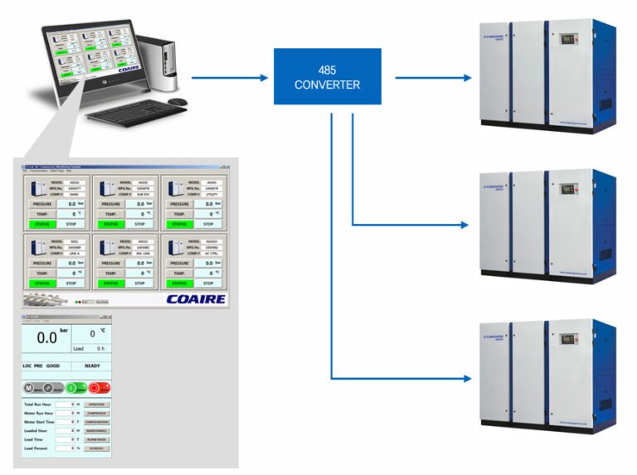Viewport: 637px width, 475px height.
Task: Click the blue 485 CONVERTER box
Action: coord(327,76)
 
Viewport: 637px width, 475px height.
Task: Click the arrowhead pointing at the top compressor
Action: coord(467,78)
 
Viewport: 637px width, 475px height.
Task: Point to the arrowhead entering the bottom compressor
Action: coord(467,379)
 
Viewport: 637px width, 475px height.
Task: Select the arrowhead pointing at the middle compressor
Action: coord(467,225)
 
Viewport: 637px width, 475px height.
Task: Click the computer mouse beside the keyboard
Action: coord(177,102)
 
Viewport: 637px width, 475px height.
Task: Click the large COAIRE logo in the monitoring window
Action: coord(195,298)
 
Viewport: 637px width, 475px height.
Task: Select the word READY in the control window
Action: coord(92,366)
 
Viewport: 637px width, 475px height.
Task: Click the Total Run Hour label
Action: coord(38,404)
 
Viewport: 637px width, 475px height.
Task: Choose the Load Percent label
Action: coord(37,448)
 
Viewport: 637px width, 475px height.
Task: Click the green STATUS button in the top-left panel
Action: coord(41,224)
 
